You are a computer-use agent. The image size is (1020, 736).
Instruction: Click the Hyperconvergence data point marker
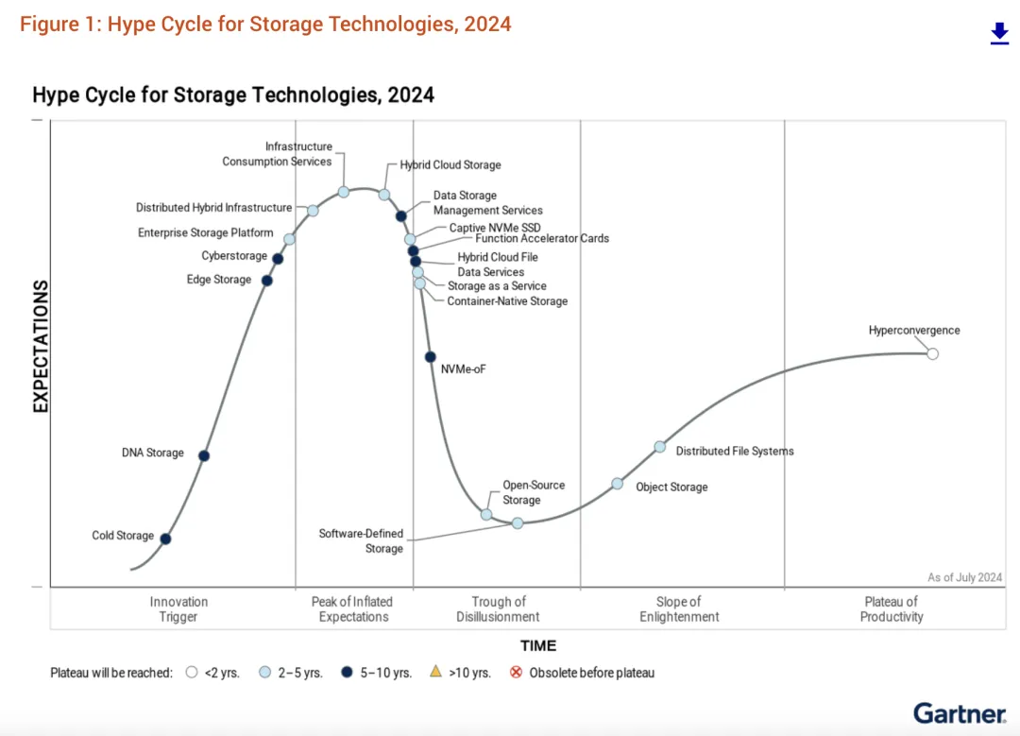click(x=933, y=353)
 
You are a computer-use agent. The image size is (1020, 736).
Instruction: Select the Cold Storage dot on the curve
click(x=165, y=539)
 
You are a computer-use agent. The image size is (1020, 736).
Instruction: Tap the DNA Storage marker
click(x=203, y=456)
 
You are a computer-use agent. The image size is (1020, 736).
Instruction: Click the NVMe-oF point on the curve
click(x=430, y=357)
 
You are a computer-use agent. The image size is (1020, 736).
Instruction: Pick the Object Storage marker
click(x=617, y=484)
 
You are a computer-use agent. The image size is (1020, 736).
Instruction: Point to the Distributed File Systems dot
click(x=660, y=447)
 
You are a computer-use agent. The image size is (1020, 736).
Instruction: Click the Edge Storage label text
click(x=219, y=280)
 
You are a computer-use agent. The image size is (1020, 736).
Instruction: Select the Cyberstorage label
click(x=234, y=256)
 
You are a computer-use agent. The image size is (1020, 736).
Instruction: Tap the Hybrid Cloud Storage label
click(x=450, y=165)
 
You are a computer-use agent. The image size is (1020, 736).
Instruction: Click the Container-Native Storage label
click(x=507, y=301)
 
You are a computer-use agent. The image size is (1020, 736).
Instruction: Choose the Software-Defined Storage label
click(x=361, y=541)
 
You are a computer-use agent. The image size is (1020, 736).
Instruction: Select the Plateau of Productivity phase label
click(x=892, y=609)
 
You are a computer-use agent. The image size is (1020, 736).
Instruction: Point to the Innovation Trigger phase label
click(x=178, y=609)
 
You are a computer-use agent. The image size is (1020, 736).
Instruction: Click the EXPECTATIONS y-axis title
click(x=41, y=346)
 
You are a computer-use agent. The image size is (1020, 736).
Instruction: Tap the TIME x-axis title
click(x=538, y=646)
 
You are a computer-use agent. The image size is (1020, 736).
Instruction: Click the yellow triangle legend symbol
click(x=435, y=673)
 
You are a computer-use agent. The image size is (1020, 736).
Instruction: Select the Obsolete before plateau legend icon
click(x=516, y=674)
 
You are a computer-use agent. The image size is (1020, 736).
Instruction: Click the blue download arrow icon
click(x=999, y=34)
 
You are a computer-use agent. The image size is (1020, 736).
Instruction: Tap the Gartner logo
click(x=959, y=713)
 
